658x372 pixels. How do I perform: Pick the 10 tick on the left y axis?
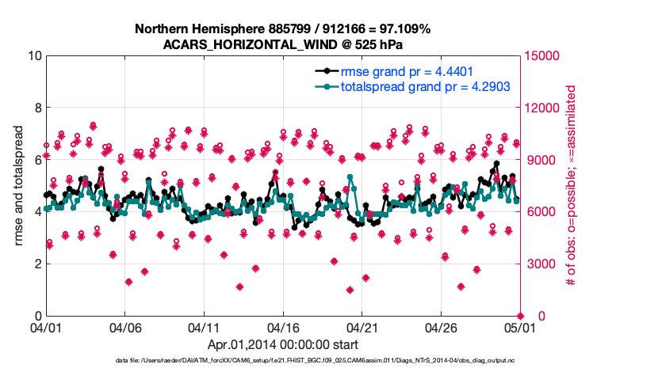coord(36,56)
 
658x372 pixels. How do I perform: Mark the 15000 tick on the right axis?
coord(541,56)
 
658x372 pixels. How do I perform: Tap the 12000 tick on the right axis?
coord(541,108)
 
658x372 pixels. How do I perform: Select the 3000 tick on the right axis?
coord(538,264)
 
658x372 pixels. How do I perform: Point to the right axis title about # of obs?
coord(569,186)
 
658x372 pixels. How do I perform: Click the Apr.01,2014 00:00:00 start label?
coord(282,345)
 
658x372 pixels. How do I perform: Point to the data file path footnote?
coord(329,361)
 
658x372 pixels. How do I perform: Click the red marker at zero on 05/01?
coord(520,315)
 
